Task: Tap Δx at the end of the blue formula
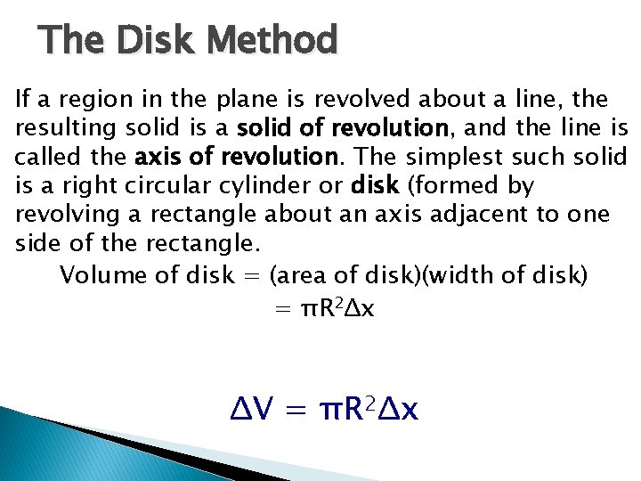point(399,410)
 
